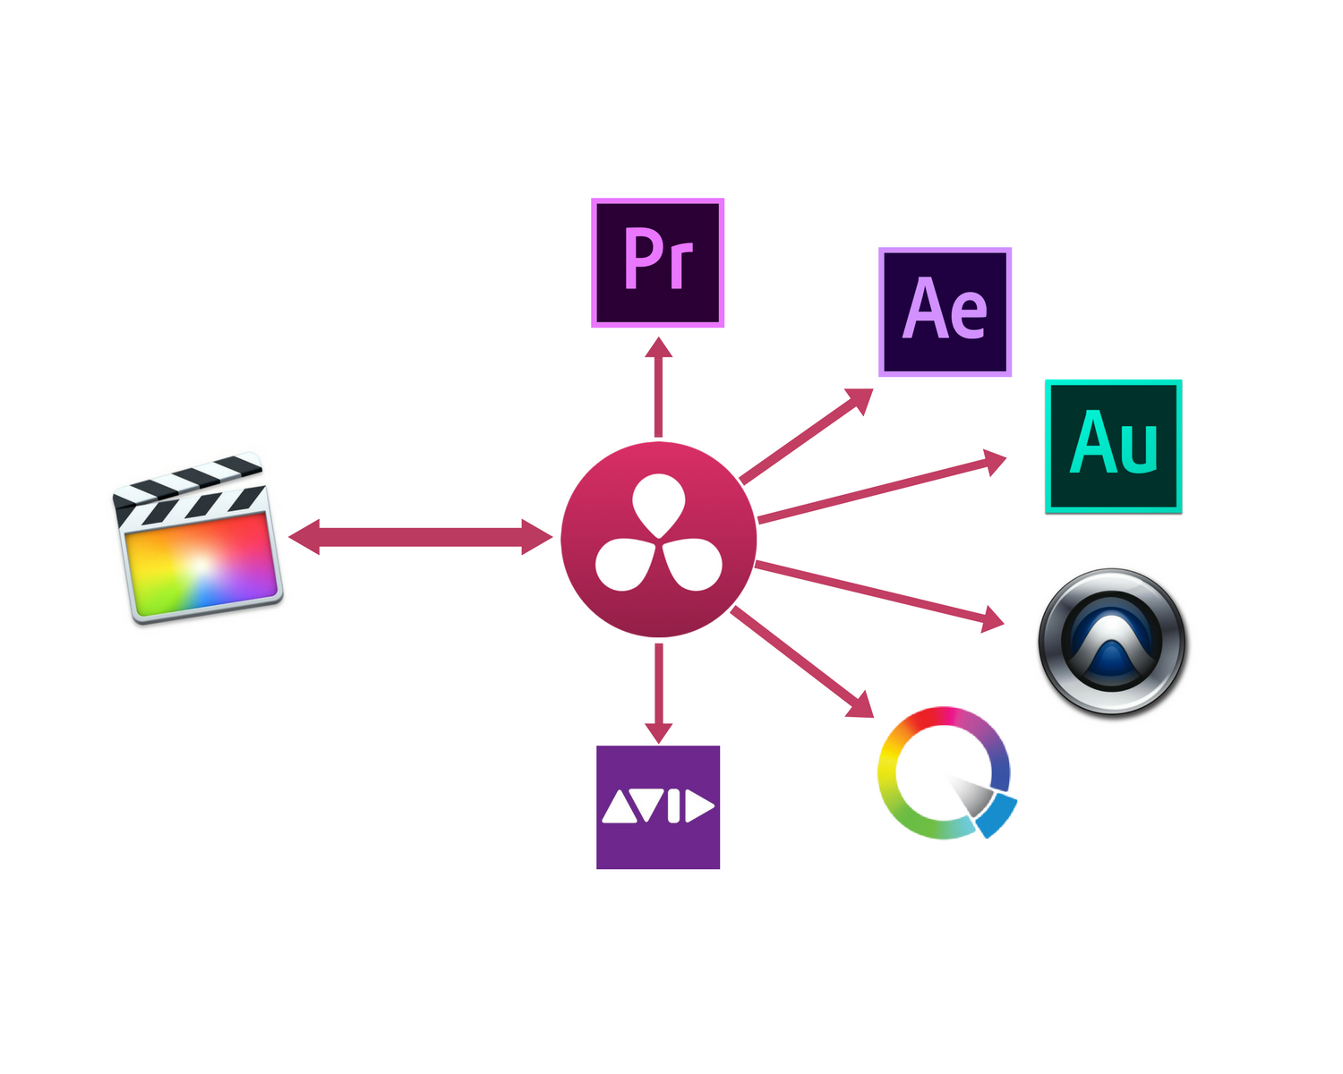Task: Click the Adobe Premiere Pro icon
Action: (x=657, y=262)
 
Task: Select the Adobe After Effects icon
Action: (x=945, y=311)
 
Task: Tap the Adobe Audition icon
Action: (x=1114, y=446)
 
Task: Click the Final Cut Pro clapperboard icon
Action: (x=199, y=539)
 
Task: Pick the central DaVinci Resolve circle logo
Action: (x=659, y=539)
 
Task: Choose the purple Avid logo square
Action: (x=658, y=807)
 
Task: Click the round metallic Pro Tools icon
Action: (x=1112, y=642)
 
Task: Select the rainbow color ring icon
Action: (x=945, y=773)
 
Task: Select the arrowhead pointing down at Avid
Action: (x=658, y=730)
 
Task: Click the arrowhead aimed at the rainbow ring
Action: (x=861, y=705)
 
